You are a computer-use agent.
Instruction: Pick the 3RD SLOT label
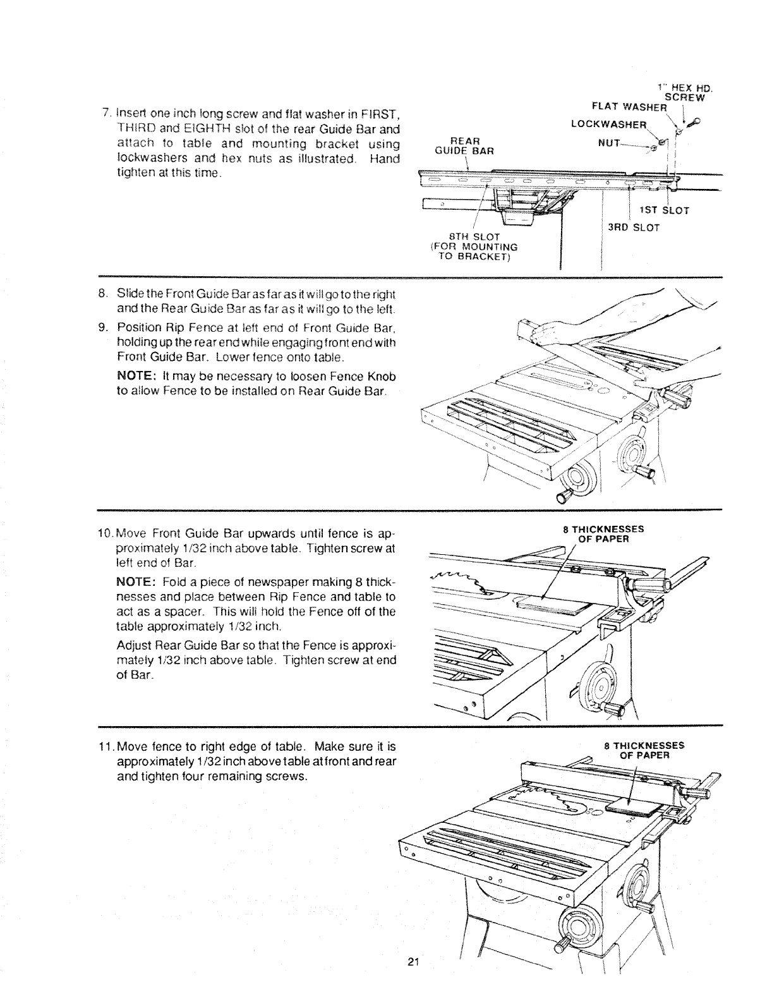pos(633,227)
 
